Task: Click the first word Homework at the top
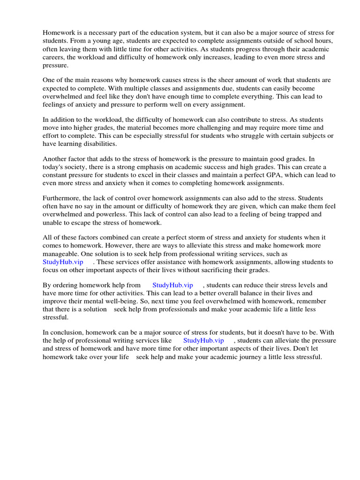[x=59, y=33]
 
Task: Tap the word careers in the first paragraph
[x=55, y=58]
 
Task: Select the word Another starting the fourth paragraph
[x=56, y=159]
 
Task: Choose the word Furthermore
[x=62, y=198]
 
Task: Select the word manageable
[x=60, y=254]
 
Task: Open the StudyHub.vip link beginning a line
[x=63, y=262]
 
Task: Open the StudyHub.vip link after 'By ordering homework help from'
[x=172, y=285]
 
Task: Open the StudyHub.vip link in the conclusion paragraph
[x=203, y=341]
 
